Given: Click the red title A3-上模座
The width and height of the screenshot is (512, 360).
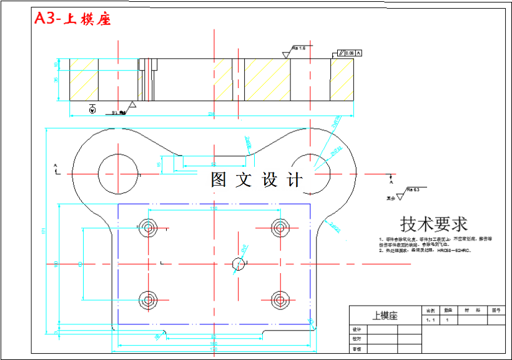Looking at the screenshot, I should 72,19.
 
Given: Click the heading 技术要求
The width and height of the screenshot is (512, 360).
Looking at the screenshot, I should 433,223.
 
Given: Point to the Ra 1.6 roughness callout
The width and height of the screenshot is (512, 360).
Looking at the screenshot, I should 300,48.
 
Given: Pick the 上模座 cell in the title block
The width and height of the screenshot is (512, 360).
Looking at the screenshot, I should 385,316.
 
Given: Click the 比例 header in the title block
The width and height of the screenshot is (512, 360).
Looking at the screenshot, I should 430,310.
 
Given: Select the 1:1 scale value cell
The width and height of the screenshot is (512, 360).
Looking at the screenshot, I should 430,319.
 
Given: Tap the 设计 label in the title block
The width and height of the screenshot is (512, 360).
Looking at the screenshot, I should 357,329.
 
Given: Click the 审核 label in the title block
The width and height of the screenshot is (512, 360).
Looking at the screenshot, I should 357,349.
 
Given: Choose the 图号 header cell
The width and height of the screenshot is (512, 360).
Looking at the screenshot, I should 496,310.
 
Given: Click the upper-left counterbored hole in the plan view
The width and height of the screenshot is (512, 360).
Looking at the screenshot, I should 149,227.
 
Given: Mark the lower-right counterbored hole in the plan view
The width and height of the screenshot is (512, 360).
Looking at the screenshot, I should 278,299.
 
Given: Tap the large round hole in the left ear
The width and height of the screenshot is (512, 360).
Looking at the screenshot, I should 117,173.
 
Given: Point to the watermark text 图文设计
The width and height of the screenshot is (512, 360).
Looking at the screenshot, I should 257,180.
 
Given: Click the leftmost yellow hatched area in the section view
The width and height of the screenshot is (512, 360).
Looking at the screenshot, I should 83,79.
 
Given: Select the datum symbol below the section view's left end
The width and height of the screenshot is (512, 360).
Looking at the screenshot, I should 92,110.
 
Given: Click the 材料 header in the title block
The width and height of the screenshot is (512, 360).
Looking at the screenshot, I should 469,310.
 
